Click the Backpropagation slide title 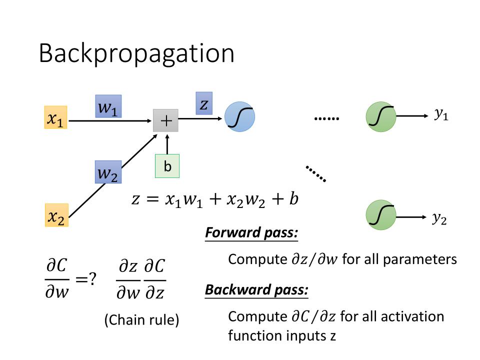pos(136,53)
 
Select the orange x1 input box pos(55,117)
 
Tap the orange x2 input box pos(56,215)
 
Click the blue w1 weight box pos(109,106)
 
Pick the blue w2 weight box pos(108,173)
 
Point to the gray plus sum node pos(165,121)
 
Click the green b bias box pos(167,167)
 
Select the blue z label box pos(204,103)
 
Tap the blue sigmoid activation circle pos(239,117)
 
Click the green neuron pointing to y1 pos(381,117)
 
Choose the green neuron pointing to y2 pos(381,215)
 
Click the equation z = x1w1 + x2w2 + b pos(215,199)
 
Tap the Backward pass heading pos(256,290)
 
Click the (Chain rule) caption pos(141,320)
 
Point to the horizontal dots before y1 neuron pos(327,119)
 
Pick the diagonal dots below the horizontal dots pos(316,173)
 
